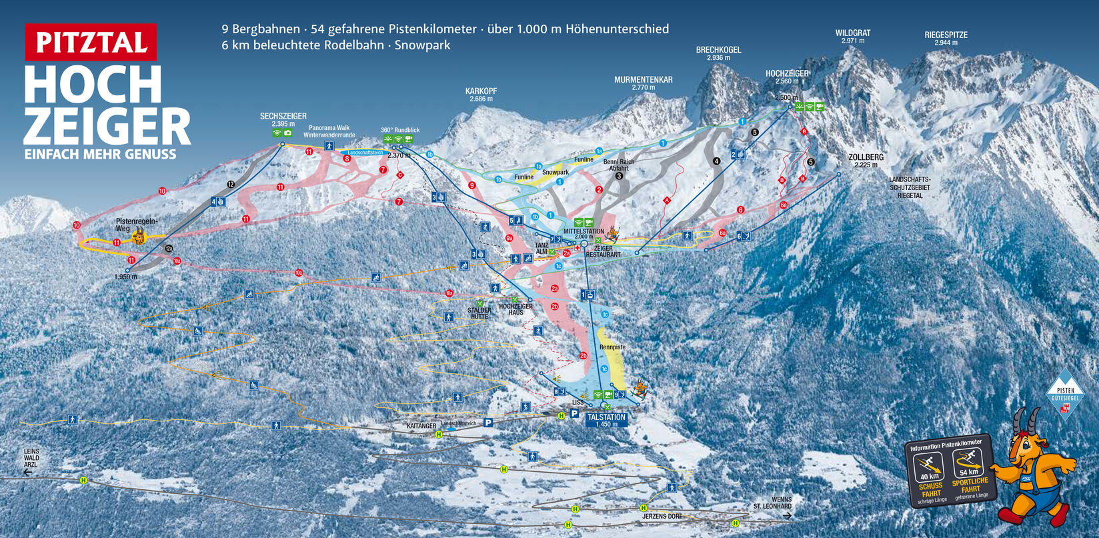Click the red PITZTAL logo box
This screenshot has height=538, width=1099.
[x=91, y=42]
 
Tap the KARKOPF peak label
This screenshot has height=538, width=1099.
[x=481, y=91]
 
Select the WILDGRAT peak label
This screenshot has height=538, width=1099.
[x=852, y=33]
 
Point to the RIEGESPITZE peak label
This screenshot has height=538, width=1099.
[x=946, y=35]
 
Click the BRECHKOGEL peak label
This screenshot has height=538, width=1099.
[x=718, y=50]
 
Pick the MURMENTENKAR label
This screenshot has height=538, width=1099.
[x=643, y=80]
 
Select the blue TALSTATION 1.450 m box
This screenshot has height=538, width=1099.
[x=606, y=420]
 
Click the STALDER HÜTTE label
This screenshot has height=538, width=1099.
[x=479, y=313]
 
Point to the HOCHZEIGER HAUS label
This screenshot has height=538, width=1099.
[x=515, y=309]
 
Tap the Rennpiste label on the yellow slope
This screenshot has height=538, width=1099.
[x=612, y=347]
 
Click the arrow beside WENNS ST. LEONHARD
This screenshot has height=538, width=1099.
[x=787, y=516]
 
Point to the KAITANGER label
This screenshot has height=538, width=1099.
[x=421, y=426]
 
